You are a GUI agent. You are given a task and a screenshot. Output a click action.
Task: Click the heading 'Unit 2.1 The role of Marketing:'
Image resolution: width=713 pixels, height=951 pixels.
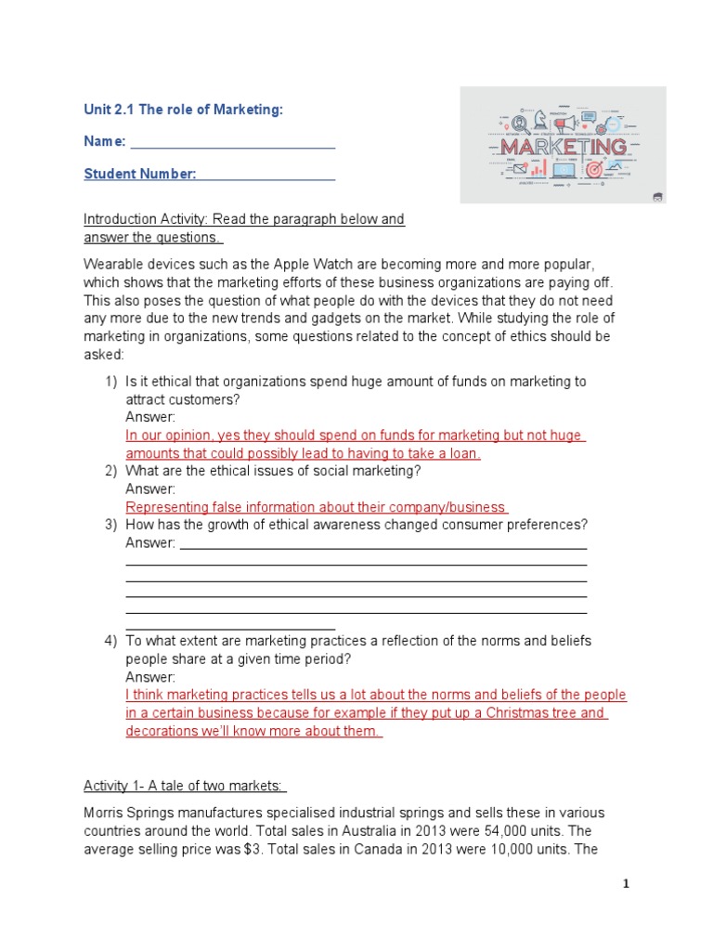(x=183, y=111)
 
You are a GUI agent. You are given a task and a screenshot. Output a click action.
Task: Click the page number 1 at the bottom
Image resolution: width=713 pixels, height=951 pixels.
(x=626, y=884)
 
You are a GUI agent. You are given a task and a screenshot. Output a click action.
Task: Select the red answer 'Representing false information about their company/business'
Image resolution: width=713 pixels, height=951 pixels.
(x=316, y=507)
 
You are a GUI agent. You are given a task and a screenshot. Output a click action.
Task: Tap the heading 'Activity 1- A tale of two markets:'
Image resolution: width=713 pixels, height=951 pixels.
(x=185, y=787)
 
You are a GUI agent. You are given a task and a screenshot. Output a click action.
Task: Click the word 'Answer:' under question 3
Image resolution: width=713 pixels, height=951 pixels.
(x=149, y=543)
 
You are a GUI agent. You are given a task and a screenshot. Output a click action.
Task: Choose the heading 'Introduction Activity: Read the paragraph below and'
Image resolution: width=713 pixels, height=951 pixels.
(x=244, y=220)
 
